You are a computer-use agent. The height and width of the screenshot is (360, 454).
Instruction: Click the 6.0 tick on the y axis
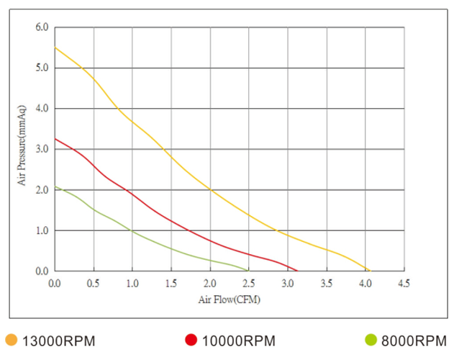[41, 27]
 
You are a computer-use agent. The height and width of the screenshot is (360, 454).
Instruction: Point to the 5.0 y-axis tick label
[41, 68]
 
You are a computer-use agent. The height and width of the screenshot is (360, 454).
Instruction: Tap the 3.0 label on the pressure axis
[41, 149]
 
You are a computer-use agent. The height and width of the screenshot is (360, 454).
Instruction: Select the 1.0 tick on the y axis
[41, 230]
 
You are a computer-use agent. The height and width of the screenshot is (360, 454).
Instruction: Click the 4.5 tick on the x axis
[404, 283]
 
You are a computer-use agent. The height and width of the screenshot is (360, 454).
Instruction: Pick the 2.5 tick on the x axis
[248, 283]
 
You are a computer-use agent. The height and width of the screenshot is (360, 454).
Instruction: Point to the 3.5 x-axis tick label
[326, 283]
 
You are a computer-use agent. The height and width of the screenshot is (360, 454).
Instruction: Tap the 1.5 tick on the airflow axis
[171, 283]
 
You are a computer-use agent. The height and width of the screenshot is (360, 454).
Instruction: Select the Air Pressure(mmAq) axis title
[22, 147]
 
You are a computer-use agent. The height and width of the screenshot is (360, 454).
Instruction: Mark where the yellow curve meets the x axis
[370, 271]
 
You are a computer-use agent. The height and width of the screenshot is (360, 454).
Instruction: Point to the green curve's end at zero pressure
[248, 271]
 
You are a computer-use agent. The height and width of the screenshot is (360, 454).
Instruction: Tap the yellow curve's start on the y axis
[55, 48]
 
